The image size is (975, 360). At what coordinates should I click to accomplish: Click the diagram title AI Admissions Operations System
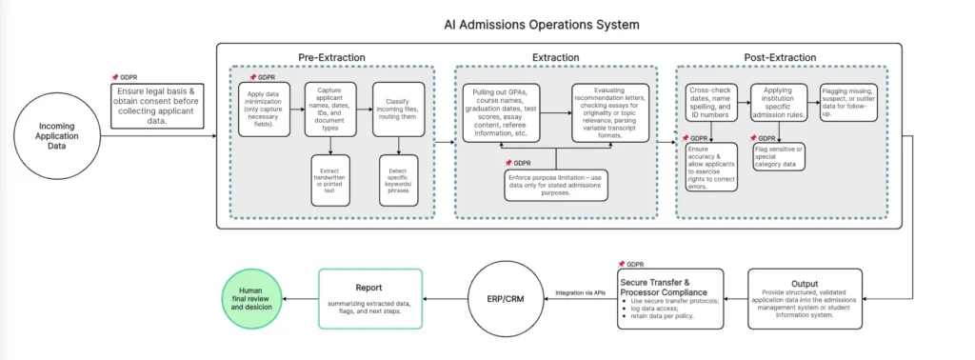(x=542, y=24)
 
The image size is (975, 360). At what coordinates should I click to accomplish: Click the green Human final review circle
(x=255, y=300)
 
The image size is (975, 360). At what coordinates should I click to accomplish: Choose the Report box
(x=369, y=298)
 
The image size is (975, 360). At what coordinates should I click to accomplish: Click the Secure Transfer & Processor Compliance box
(x=670, y=298)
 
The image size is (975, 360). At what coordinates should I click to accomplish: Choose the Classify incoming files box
(x=397, y=112)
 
